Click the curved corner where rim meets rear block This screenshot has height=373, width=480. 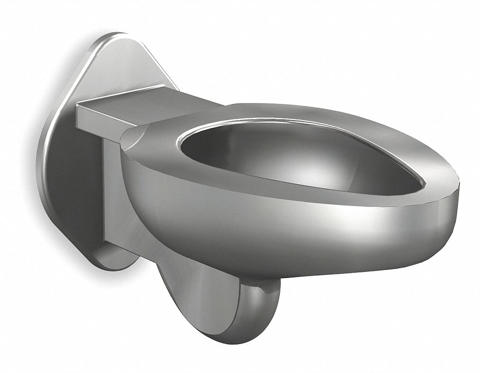click(x=133, y=138)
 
